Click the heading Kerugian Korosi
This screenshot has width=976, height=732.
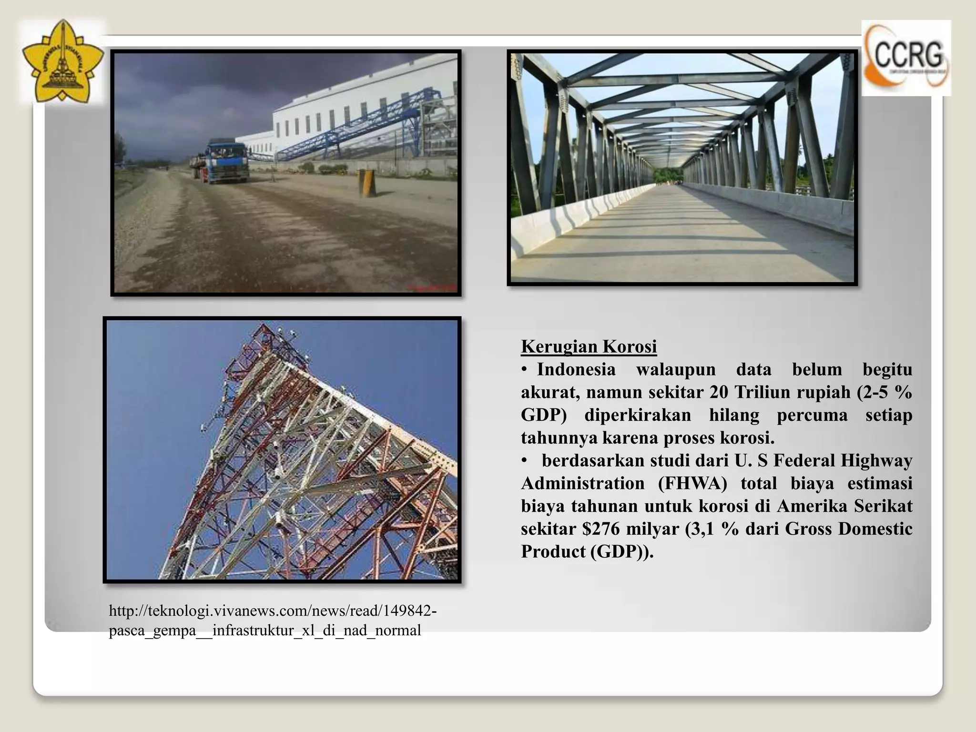tap(589, 346)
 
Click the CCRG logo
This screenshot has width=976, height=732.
tap(906, 58)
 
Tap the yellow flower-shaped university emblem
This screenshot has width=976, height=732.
tap(62, 62)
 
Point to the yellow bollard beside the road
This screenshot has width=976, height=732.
tap(366, 183)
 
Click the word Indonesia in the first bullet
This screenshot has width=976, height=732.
tap(576, 369)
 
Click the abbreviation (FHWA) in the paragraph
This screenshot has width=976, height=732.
tap(692, 483)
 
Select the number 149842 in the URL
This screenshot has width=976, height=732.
tap(408, 610)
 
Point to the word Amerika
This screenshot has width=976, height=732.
tap(811, 506)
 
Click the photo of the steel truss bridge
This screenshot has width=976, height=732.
tap(682, 167)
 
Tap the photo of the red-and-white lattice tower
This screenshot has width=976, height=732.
tap(282, 449)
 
